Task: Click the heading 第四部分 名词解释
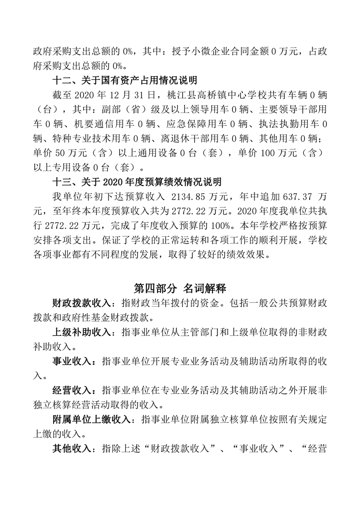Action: point(180,288)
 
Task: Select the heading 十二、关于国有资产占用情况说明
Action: point(125,81)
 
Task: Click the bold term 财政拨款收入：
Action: point(84,303)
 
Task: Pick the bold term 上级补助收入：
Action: point(84,332)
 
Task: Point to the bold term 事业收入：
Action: point(74,362)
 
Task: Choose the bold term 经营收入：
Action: point(74,391)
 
